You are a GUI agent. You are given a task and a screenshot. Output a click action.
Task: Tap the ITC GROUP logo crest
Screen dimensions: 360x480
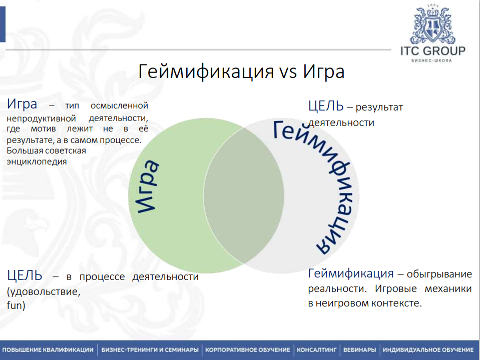[x=432, y=26]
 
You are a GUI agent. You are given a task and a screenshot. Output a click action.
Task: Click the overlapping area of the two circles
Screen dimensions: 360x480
[x=244, y=195]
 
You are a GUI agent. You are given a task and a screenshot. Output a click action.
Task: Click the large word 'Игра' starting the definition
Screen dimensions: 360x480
[x=22, y=104]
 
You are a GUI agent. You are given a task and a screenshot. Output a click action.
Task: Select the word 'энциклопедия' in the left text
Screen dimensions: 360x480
[x=37, y=161]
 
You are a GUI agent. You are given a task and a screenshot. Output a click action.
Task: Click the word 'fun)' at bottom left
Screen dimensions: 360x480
[x=16, y=304]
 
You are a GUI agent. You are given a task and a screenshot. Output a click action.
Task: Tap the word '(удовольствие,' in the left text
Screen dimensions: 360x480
[x=43, y=291]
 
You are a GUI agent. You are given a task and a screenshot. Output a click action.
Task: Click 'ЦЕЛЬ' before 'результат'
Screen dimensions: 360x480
[x=326, y=106]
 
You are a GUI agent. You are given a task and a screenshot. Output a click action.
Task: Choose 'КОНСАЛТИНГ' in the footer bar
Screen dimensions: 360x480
[x=317, y=350]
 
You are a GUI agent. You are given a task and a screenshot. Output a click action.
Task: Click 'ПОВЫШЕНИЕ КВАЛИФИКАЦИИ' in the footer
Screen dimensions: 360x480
[x=48, y=350]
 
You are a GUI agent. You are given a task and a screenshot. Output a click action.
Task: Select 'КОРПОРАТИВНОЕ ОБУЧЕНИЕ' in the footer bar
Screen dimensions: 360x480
[x=248, y=350]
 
